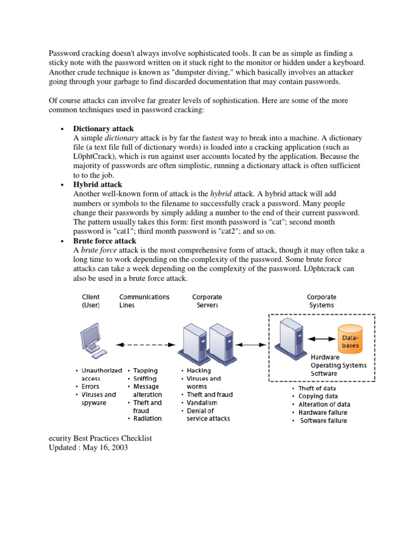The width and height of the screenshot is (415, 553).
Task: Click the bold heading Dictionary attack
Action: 104,129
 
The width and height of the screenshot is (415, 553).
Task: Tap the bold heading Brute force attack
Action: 105,241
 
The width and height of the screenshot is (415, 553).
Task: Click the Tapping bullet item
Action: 145,370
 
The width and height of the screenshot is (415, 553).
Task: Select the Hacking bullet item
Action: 199,370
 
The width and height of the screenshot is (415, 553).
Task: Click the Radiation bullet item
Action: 148,419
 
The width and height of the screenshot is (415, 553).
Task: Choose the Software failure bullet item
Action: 323,421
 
